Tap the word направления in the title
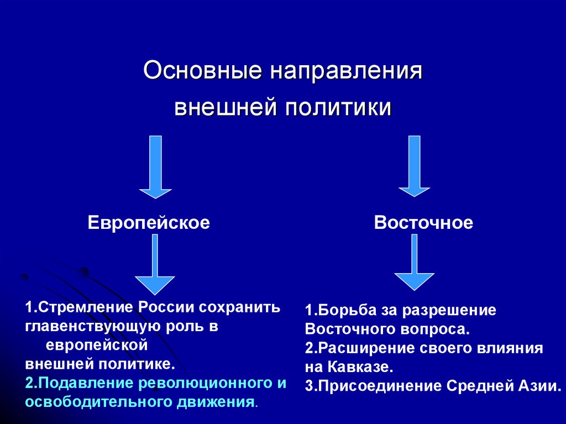tap(346, 71)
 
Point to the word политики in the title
tap(338, 107)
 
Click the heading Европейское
tap(149, 223)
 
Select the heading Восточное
tap(423, 223)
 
